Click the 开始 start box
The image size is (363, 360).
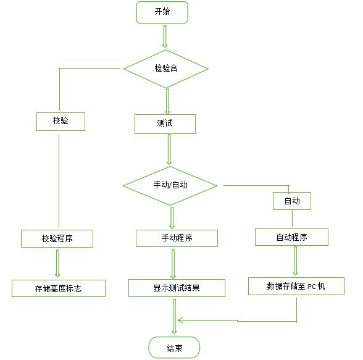[x=162, y=12]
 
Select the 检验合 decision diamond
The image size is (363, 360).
[x=166, y=69]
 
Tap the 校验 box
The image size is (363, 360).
[x=60, y=122]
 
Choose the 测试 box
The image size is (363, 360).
[x=165, y=124]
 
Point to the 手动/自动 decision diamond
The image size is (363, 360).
[x=170, y=186]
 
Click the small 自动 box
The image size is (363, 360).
[x=292, y=201]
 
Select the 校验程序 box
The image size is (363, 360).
[x=57, y=238]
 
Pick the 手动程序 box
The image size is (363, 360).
[x=177, y=238]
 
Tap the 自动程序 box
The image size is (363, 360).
[x=291, y=237]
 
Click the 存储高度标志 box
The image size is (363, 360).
[x=59, y=288]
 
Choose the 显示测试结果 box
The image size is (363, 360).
[x=177, y=288]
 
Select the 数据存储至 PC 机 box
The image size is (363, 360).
[x=296, y=286]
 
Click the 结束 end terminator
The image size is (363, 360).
[x=174, y=348]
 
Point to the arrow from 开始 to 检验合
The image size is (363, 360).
[x=165, y=36]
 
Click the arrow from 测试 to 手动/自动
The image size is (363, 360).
[x=169, y=149]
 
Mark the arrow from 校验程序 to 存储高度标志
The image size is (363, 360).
[x=57, y=264]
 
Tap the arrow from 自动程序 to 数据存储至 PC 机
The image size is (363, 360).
[x=295, y=261]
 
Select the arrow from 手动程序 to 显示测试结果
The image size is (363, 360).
[x=173, y=264]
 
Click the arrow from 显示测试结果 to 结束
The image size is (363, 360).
[x=174, y=317]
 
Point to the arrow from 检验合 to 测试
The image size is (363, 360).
[x=167, y=102]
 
